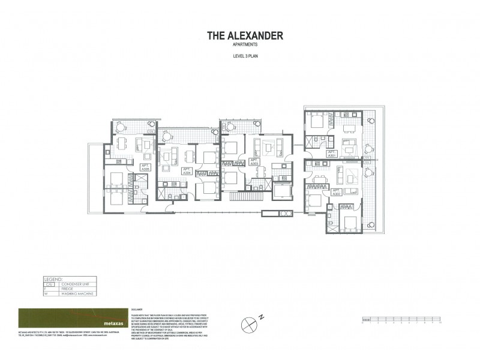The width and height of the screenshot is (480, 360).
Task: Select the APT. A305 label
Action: tap(145, 168)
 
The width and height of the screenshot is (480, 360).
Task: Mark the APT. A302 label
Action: tap(336, 191)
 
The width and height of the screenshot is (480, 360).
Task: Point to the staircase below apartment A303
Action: tap(247, 196)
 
